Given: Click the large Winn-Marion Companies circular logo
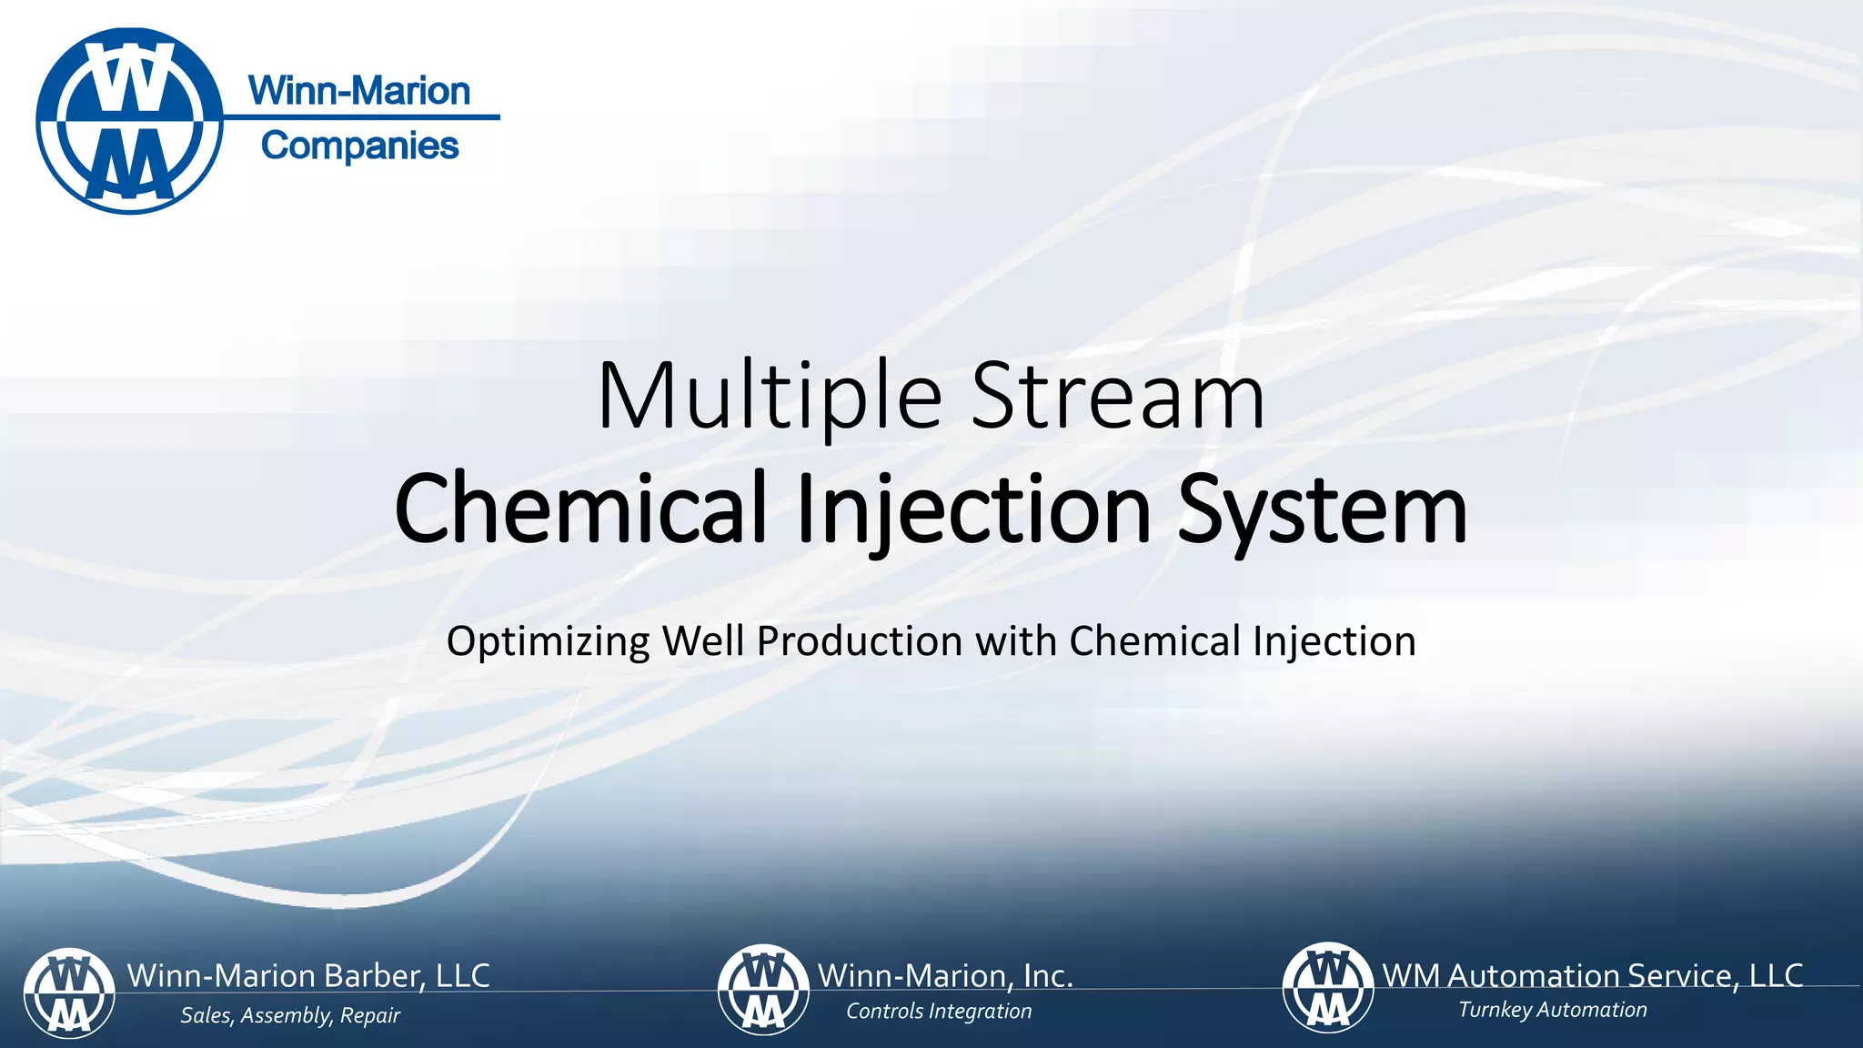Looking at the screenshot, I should coord(130,121).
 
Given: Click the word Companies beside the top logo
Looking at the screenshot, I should coord(359,146).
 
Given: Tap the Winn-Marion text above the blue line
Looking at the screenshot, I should coord(359,91).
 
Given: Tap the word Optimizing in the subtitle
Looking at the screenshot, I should coord(548,642).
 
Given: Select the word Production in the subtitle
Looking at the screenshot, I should coord(860,641).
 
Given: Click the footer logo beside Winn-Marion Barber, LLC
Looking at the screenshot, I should coord(69,993).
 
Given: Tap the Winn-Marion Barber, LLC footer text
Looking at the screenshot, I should coord(308,975).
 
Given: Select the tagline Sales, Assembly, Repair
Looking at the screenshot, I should coord(290,1015).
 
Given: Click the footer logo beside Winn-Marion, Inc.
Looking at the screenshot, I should coord(763,990).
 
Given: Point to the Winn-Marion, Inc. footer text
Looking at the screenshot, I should coord(945,975).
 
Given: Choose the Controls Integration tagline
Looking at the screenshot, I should coord(939,1012).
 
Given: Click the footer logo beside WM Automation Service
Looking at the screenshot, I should coord(1328,988).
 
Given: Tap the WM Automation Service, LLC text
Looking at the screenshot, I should coord(1592,975).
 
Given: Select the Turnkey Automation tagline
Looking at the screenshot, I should coord(1553,1010).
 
